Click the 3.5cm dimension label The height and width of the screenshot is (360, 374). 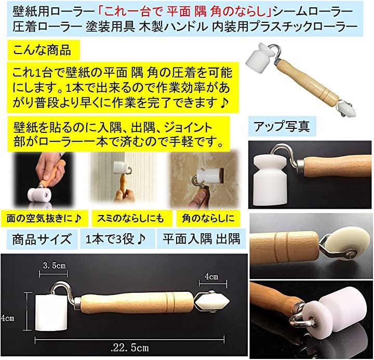[54, 265]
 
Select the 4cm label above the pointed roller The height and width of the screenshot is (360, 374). [211, 276]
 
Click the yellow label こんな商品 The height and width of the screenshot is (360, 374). [42, 50]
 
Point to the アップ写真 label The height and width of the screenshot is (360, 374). [282, 126]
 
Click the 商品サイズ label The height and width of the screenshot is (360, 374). [42, 239]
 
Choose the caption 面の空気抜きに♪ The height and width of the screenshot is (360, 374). [44, 218]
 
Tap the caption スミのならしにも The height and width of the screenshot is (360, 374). [130, 218]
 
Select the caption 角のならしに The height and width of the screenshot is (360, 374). [208, 218]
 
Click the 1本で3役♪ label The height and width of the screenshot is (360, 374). [116, 239]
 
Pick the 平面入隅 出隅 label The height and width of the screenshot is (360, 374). [202, 239]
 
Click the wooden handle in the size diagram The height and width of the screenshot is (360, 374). [137, 302]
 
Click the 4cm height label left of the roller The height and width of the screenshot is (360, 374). [7, 318]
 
